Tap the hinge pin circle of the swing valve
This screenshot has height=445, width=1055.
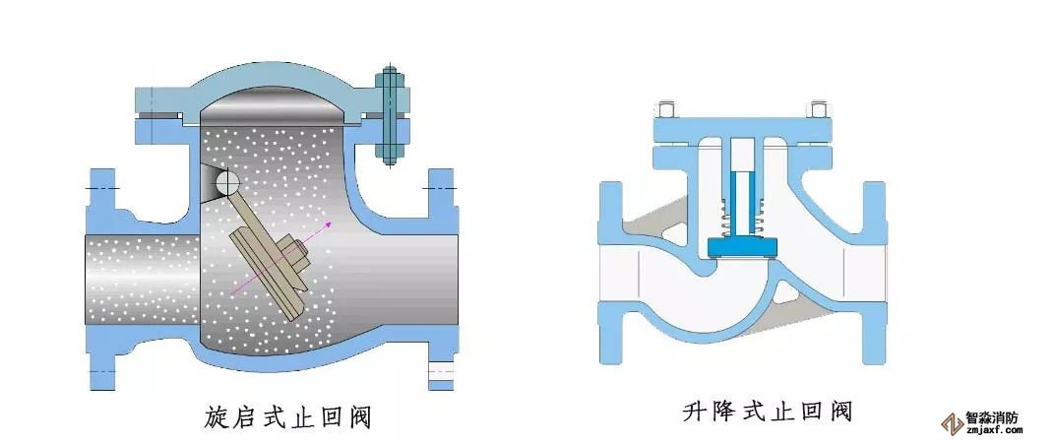[225, 182]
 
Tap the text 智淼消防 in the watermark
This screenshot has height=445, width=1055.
[991, 416]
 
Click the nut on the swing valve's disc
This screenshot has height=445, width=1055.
[298, 255]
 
